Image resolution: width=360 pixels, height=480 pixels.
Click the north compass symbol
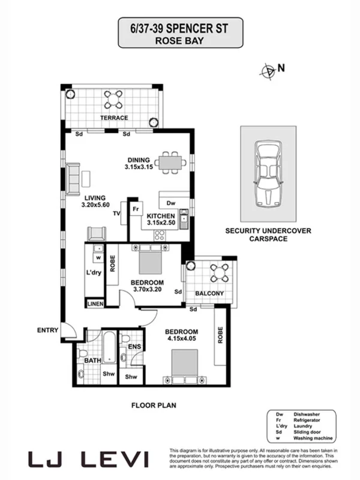click(268, 70)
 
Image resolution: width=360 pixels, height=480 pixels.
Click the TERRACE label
click(114, 118)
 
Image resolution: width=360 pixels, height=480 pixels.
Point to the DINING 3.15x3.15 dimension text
click(140, 163)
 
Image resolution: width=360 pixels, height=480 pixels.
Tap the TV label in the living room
click(118, 214)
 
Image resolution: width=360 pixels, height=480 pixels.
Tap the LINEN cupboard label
click(95, 304)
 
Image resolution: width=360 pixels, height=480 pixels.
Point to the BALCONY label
click(209, 293)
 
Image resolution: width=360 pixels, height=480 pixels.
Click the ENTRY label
click(47, 330)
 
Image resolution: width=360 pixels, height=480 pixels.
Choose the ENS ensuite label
click(134, 347)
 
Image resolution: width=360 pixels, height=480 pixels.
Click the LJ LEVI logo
click(88, 459)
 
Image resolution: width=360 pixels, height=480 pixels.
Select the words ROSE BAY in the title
click(180, 41)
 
